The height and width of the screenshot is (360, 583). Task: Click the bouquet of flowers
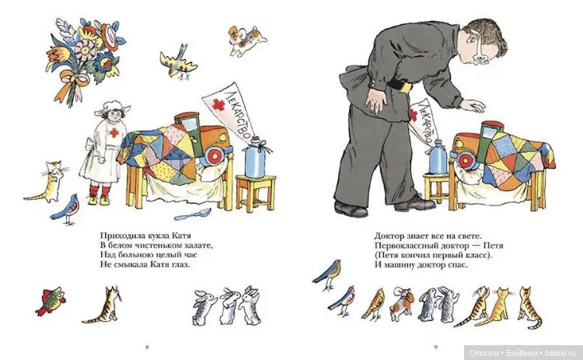[x=86, y=60]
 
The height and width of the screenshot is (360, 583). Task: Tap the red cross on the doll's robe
[x=114, y=132]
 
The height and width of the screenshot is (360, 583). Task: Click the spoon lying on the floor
[x=193, y=214]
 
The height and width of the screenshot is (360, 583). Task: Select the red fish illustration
[x=51, y=300]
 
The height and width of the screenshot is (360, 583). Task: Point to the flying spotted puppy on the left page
[x=246, y=40]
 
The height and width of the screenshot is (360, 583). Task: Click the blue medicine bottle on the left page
[x=256, y=158]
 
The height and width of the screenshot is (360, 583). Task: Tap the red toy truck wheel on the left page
[x=215, y=156]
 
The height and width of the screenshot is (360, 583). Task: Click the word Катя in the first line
[x=181, y=236]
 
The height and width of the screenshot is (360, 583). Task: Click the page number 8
[x=146, y=348]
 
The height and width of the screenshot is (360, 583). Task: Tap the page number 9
[x=436, y=348]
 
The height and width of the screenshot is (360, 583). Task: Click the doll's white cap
[x=111, y=107]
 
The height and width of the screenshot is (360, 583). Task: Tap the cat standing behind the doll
[x=47, y=182]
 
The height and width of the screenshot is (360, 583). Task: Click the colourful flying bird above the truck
[x=178, y=62]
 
